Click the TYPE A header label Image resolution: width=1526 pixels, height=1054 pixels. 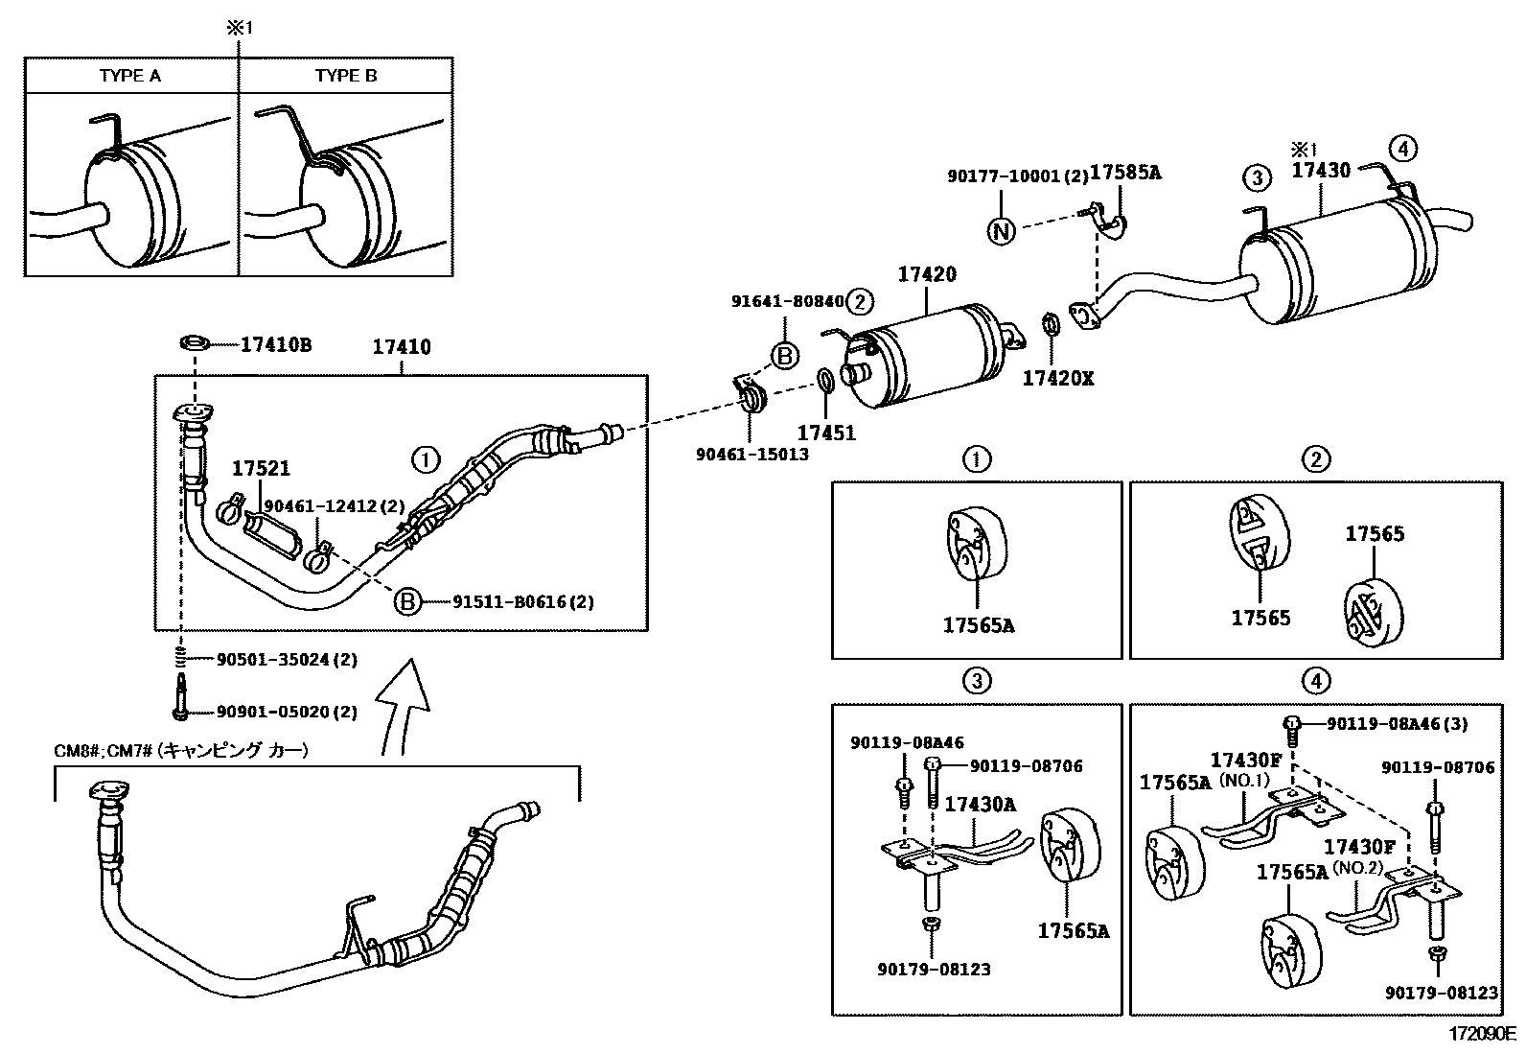tap(129, 76)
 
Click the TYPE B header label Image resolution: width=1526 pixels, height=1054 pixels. tap(346, 76)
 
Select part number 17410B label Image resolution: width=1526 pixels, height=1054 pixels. tap(275, 344)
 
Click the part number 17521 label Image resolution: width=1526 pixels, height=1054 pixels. tap(261, 468)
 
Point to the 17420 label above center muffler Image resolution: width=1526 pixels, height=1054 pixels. tap(926, 274)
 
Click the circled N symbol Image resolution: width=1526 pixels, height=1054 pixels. tap(1001, 231)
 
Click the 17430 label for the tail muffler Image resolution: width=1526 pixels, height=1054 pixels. tap(1320, 171)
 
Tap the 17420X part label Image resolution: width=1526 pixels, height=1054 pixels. tap(1057, 378)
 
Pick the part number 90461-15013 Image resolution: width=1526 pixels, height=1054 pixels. tap(751, 455)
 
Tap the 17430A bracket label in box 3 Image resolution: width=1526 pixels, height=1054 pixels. tap(980, 805)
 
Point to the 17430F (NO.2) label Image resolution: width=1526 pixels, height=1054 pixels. tap(1358, 855)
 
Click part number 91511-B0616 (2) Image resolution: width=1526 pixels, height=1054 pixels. tap(523, 602)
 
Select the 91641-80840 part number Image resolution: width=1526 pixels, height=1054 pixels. tap(787, 301)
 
